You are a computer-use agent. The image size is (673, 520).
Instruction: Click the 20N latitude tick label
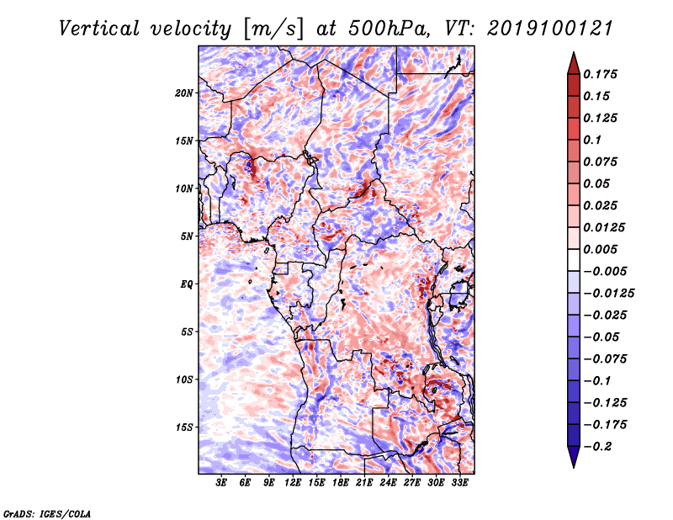[x=184, y=93]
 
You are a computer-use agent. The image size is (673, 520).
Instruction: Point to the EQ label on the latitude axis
[x=187, y=284]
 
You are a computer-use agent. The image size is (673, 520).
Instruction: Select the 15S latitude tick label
[x=184, y=427]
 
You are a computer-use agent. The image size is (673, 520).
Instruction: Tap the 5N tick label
[x=187, y=236]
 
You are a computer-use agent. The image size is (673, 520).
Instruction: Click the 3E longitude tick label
[x=221, y=482]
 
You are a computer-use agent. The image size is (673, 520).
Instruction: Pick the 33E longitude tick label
[x=459, y=482]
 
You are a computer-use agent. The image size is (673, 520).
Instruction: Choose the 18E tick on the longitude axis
[x=341, y=482]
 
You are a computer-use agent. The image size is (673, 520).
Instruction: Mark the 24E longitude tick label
[x=388, y=482]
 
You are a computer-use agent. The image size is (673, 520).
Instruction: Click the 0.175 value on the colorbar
[x=600, y=74]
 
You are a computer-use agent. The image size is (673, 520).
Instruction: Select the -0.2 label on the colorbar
[x=597, y=447]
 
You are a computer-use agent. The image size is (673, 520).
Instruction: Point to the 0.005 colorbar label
[x=600, y=249]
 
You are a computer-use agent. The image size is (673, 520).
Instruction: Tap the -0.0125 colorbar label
[x=608, y=294]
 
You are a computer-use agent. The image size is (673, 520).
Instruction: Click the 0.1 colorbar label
[x=592, y=140]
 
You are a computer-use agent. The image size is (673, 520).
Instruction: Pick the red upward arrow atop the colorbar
[x=574, y=64]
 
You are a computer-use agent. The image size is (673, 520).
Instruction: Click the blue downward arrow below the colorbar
[x=574, y=456]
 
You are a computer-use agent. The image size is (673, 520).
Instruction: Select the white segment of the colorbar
[x=574, y=260]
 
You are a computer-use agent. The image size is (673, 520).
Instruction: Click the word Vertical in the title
[x=99, y=29]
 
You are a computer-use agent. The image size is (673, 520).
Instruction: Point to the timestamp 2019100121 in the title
[x=550, y=29]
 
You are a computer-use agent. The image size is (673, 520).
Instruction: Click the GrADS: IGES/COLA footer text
[x=47, y=514]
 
